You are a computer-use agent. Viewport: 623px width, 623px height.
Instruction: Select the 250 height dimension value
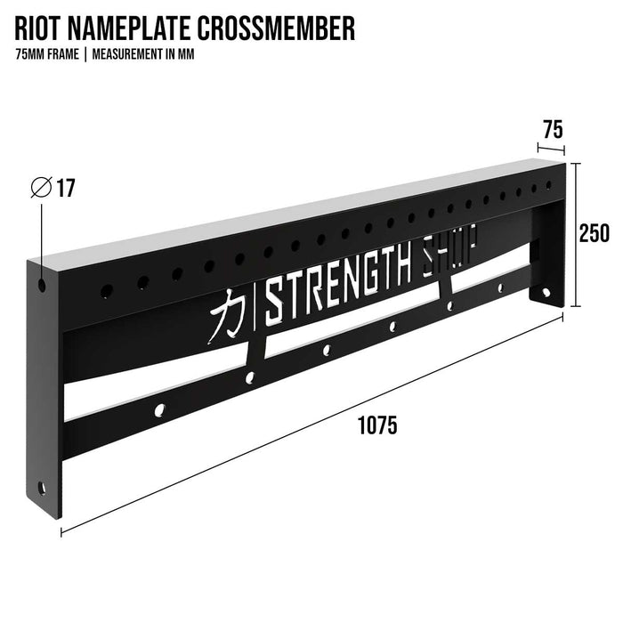click(593, 233)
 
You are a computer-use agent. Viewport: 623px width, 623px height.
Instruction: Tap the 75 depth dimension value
click(552, 129)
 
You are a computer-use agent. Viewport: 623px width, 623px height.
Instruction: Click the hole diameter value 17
click(66, 189)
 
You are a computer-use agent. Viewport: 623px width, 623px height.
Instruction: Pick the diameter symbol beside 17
click(40, 189)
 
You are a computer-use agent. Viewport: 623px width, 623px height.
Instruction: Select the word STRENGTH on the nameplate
click(339, 278)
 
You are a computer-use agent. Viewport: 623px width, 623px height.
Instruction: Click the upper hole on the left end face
click(42, 287)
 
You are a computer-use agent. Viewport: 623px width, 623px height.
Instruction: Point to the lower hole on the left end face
click(41, 488)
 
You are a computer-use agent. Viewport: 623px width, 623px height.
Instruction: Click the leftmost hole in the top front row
click(106, 291)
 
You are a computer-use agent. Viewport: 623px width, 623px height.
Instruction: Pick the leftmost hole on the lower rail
click(161, 410)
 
